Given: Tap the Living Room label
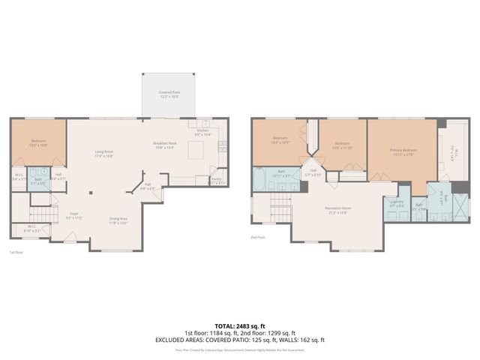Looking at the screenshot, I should tap(103, 154).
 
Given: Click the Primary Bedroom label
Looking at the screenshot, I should tap(403, 152).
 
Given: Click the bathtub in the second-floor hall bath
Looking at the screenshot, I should tap(259, 180).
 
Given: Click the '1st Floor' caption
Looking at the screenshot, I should tap(16, 253).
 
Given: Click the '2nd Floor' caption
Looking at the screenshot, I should tap(258, 237).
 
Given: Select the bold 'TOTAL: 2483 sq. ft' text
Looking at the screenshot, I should tap(240, 326).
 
